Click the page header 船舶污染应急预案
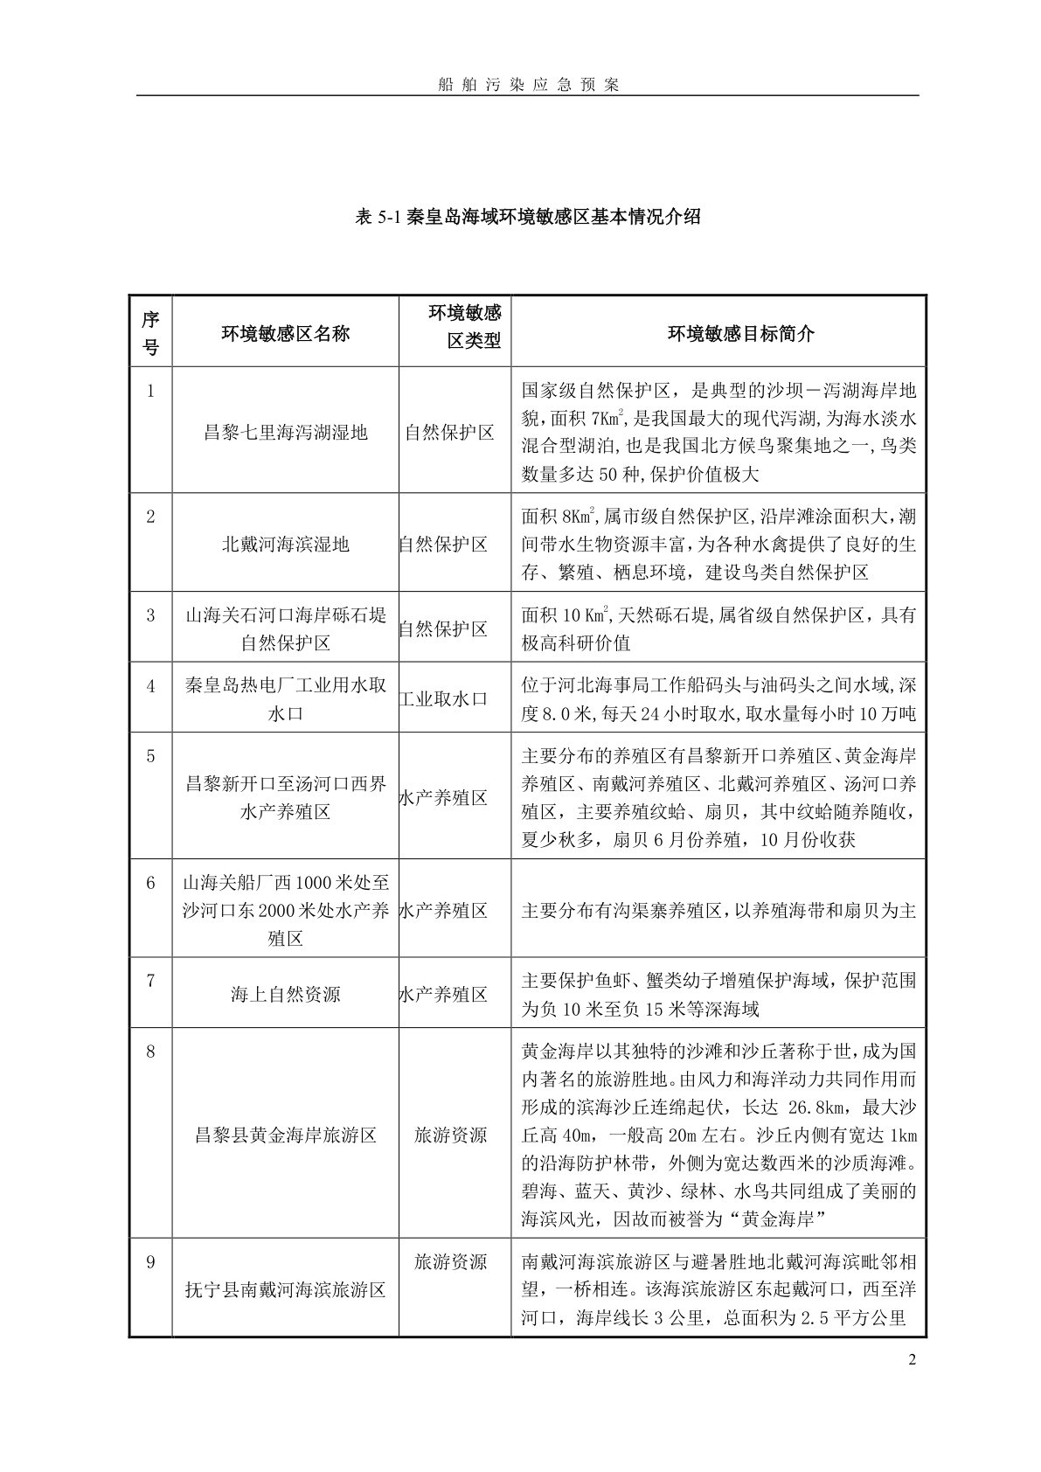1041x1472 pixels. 528,85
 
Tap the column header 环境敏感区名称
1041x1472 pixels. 285,333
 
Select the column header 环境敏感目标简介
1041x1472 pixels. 717,333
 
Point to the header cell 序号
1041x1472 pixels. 150,333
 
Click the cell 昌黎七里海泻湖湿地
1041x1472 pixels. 285,433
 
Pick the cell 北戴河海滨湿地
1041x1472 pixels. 285,545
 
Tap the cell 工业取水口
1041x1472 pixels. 443,699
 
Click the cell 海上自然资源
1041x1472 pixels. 285,995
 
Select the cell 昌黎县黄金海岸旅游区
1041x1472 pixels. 285,1135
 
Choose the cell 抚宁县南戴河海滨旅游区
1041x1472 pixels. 285,1289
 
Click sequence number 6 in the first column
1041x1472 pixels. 150,883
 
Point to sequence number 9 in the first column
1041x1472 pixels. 150,1262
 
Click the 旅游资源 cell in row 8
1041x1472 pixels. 450,1135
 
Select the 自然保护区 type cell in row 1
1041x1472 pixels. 449,433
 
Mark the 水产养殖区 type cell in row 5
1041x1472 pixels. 443,798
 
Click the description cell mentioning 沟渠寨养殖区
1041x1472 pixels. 718,911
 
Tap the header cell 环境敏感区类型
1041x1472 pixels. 464,327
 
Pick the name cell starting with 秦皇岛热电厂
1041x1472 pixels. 285,699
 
